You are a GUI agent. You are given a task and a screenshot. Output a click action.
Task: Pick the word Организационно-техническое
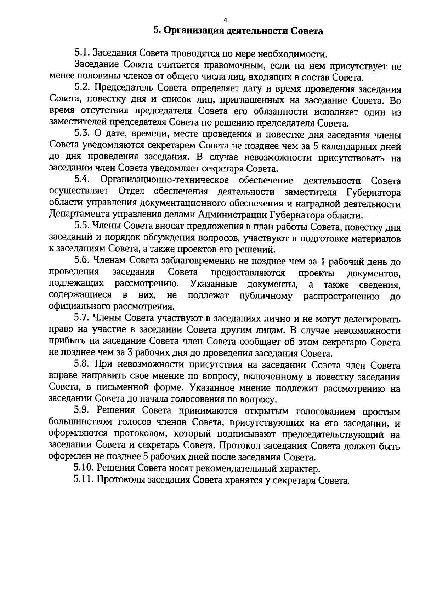tap(165, 181)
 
